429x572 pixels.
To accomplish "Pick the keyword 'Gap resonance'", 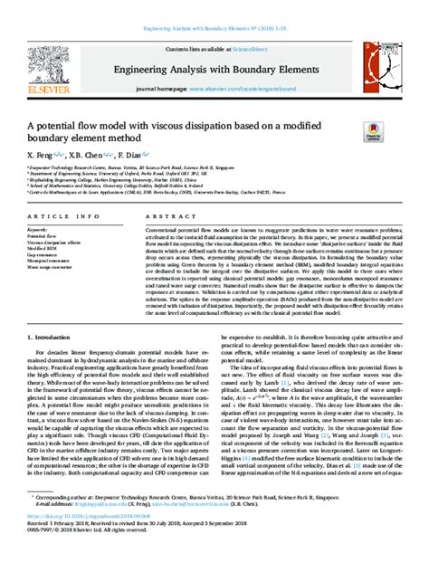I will pyautogui.click(x=43, y=256).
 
